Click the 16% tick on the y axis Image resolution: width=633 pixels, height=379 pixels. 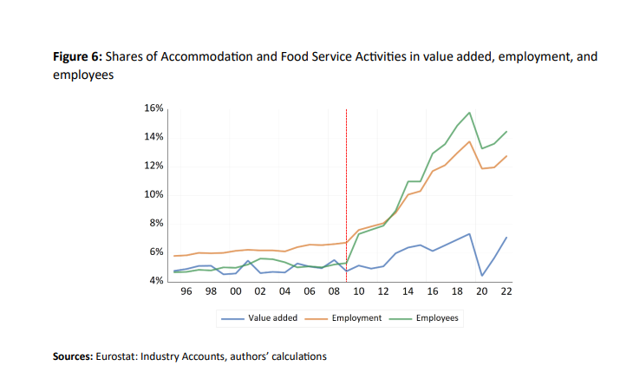coord(154,108)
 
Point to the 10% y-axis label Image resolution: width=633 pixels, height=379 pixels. coord(154,194)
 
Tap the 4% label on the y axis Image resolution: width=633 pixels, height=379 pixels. coord(157,280)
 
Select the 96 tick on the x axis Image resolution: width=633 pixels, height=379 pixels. coord(186,292)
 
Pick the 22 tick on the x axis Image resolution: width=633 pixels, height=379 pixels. coord(506,292)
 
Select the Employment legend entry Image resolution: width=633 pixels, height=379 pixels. coord(356,318)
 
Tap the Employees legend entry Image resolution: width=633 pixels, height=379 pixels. coord(437,318)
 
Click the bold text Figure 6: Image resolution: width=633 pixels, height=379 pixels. coord(77,57)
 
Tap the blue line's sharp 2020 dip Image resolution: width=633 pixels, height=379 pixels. coord(481,276)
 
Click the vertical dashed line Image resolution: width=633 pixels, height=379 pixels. coord(346,191)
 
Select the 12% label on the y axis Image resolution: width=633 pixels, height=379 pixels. coord(154,166)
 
